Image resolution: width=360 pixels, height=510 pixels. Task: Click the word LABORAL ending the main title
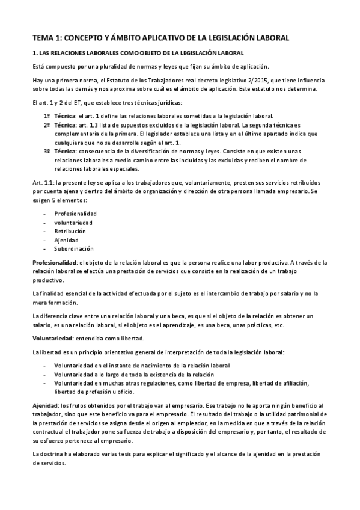tap(267, 38)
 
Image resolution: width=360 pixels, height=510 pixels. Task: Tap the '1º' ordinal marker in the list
tap(47, 115)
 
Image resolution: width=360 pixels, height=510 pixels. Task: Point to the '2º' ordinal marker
tap(47, 124)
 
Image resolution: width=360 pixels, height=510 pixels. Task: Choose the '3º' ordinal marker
tap(47, 152)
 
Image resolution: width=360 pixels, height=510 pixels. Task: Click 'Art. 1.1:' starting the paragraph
tap(44, 182)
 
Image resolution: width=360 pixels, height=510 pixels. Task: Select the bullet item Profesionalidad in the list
tap(75, 214)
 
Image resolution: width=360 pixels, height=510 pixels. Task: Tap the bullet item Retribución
tap(70, 231)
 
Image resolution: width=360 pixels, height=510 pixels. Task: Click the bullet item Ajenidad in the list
tap(67, 240)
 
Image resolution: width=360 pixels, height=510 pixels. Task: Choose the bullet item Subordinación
tap(73, 248)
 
